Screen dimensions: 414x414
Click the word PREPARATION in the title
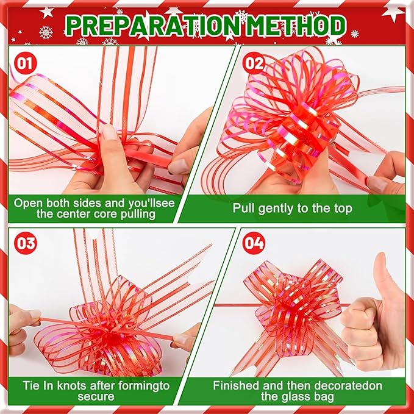(146, 25)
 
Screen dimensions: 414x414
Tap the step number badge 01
(26, 63)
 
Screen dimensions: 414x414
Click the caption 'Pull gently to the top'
(292, 208)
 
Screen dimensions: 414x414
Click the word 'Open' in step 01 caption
(29, 202)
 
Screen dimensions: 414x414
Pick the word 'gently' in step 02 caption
(276, 209)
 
